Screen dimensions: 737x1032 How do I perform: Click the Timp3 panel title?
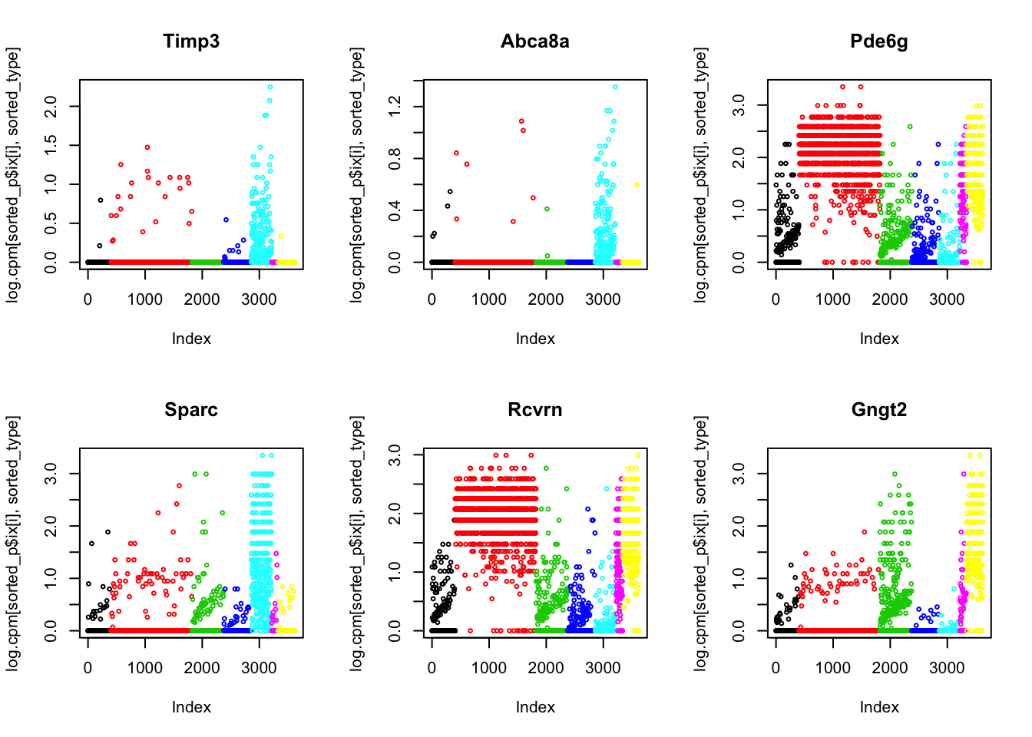[191, 41]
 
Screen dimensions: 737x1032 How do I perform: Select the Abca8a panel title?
[535, 41]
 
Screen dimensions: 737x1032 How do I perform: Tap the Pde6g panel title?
[879, 41]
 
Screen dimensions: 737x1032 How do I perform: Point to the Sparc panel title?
[191, 410]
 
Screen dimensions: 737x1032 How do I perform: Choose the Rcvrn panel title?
[535, 410]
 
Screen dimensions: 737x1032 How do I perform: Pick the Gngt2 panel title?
[879, 410]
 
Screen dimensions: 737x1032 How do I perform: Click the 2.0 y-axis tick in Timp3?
[51, 106]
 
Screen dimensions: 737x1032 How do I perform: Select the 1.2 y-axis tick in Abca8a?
[395, 106]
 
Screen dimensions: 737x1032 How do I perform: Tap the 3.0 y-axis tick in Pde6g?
[739, 105]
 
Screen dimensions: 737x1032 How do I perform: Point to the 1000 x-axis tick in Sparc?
[145, 668]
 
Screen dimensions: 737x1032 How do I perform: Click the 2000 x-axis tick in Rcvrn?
[546, 668]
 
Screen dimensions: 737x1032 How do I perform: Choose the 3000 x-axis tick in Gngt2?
[947, 668]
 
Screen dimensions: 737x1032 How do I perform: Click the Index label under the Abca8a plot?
[535, 339]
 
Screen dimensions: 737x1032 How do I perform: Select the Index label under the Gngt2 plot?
[879, 707]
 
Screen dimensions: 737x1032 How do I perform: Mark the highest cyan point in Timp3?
[270, 87]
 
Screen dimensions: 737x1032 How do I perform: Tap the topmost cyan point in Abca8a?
[615, 87]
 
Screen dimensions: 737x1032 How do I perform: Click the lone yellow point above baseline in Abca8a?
[637, 185]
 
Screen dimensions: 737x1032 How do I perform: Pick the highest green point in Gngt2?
[895, 474]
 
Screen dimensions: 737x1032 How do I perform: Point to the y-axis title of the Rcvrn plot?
[357, 544]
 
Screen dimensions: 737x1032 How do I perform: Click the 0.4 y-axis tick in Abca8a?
[395, 210]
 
